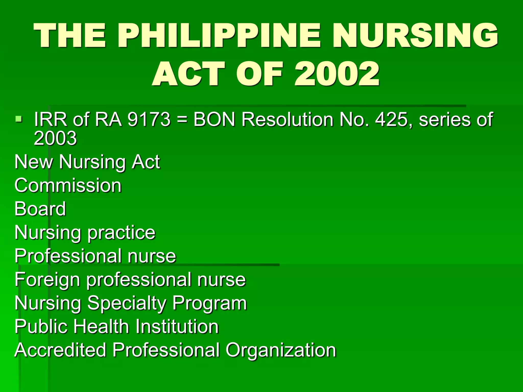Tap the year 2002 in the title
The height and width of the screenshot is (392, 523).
(337, 74)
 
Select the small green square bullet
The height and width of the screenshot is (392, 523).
(18, 119)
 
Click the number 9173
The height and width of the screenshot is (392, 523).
(149, 119)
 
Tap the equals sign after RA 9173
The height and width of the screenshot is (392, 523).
(182, 119)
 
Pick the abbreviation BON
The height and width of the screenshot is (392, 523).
(214, 119)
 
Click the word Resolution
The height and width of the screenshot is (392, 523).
(287, 119)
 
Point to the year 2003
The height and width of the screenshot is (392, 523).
(55, 138)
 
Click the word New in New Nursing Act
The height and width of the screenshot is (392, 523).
(33, 162)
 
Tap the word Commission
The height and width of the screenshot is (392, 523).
(68, 185)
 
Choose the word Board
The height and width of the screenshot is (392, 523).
(40, 209)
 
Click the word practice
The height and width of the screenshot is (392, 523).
(121, 233)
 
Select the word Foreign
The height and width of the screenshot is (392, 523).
(47, 280)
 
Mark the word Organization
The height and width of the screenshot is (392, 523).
(281, 350)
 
